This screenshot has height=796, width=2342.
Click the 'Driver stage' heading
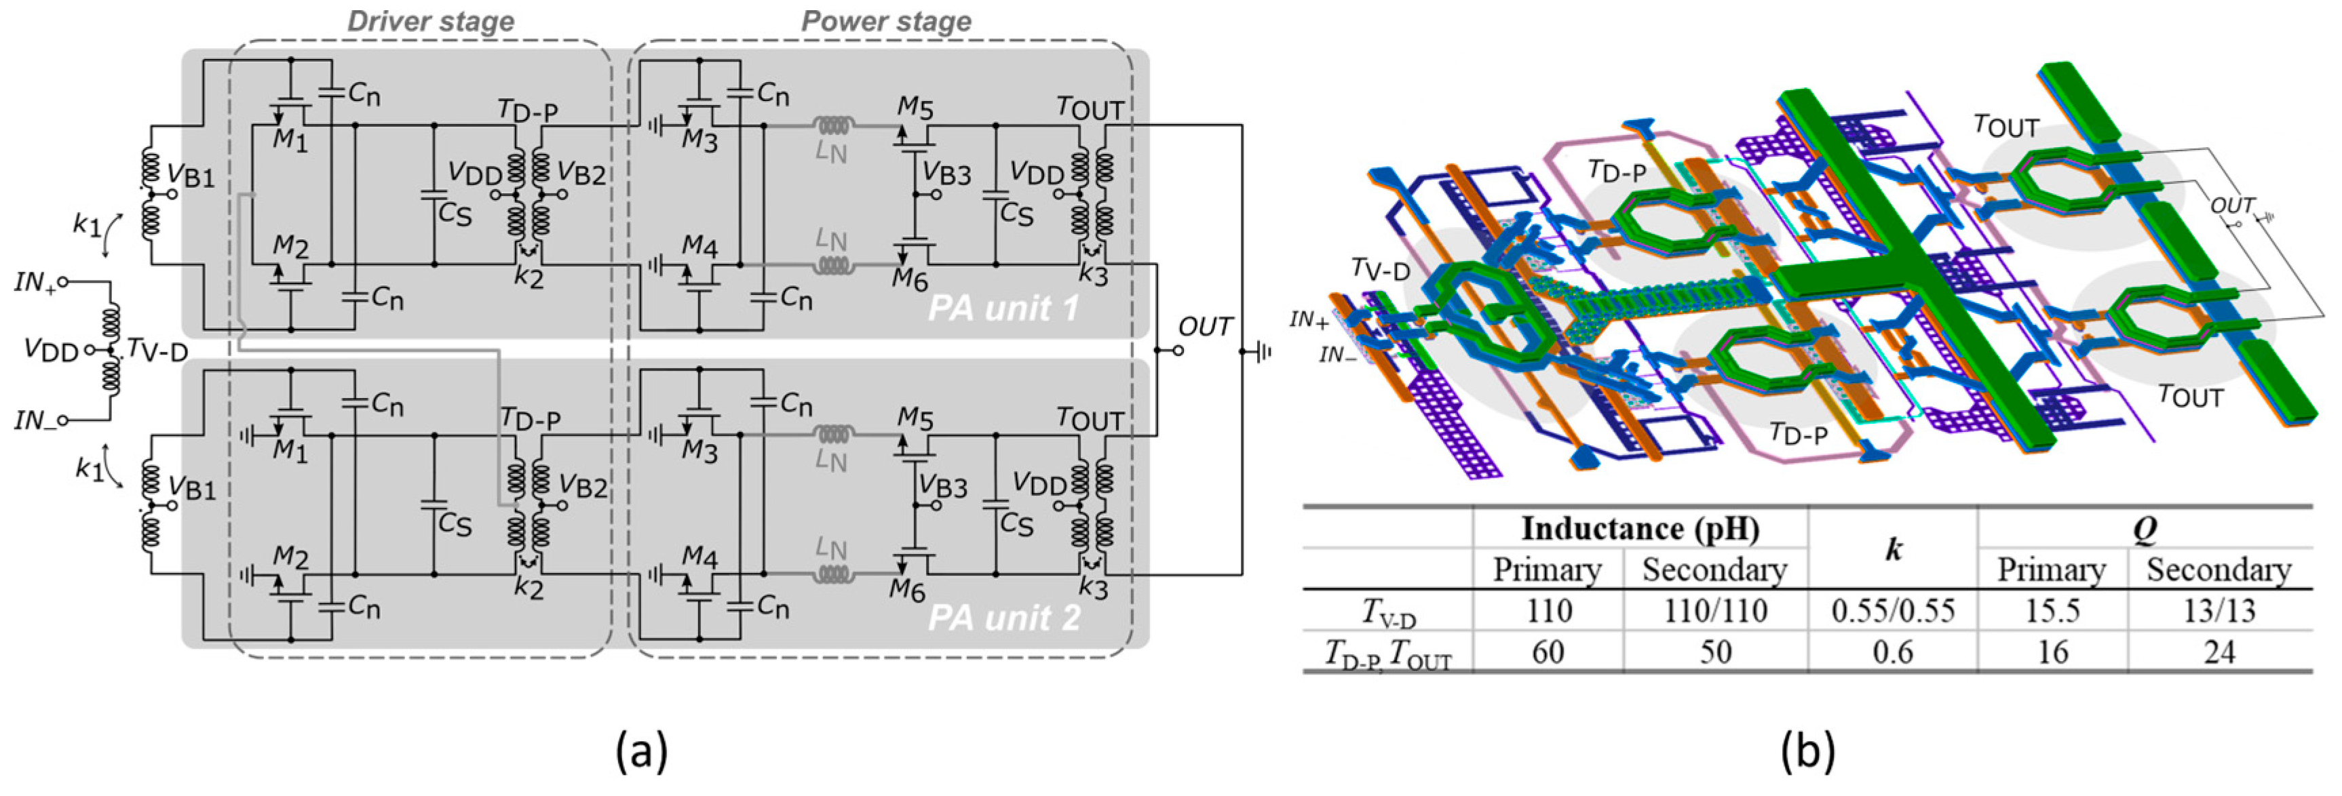pyautogui.click(x=431, y=22)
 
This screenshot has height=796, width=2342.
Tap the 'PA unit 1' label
pyautogui.click(x=1003, y=309)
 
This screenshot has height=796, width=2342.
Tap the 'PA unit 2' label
pyautogui.click(x=1003, y=619)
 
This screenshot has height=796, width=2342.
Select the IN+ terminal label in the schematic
pyautogui.click(x=35, y=283)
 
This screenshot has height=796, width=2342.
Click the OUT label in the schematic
pyautogui.click(x=1206, y=327)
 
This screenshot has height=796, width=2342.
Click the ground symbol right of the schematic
pyautogui.click(x=1262, y=351)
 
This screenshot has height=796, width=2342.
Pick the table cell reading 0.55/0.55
pyautogui.click(x=1893, y=611)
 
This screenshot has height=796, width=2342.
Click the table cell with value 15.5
pyautogui.click(x=2052, y=611)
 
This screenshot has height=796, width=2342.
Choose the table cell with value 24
pyautogui.click(x=2219, y=652)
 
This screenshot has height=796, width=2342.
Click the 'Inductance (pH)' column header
pyautogui.click(x=1640, y=529)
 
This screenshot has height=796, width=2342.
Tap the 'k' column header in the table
pyautogui.click(x=1893, y=549)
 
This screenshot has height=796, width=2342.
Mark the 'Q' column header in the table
pyautogui.click(x=2144, y=529)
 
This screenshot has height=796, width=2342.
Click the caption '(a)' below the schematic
pyautogui.click(x=642, y=753)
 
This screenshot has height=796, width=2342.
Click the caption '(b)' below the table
pyautogui.click(x=1807, y=753)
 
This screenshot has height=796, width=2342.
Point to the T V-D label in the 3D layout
pyautogui.click(x=1380, y=269)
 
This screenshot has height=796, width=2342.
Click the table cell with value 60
pyautogui.click(x=1548, y=652)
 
